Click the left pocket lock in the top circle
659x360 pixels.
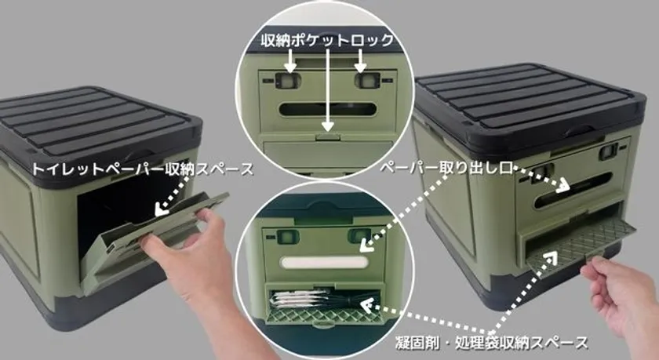coord(289,80)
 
